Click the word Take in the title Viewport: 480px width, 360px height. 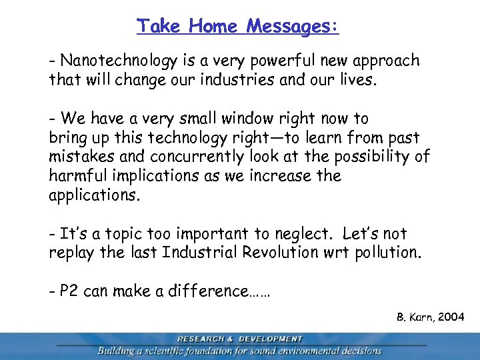[x=159, y=26]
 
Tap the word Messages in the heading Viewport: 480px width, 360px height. [x=292, y=26]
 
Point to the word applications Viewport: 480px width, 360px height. [x=93, y=196]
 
